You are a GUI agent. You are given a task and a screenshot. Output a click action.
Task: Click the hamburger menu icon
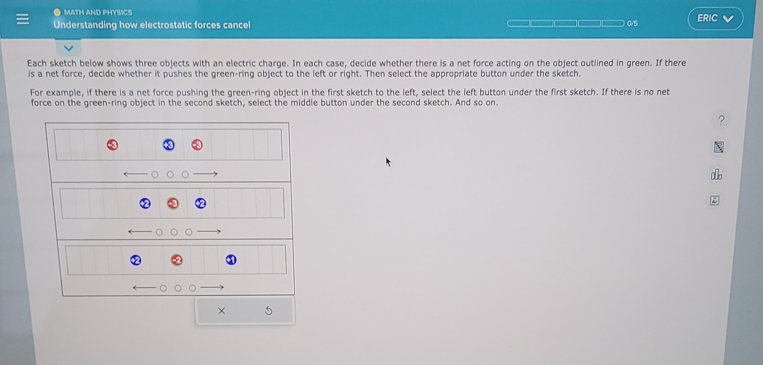pyautogui.click(x=23, y=19)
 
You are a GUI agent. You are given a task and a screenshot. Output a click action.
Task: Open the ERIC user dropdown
pyautogui.click(x=715, y=19)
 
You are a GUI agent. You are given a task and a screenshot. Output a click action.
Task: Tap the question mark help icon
pyautogui.click(x=721, y=120)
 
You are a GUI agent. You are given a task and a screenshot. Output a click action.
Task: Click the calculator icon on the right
pyautogui.click(x=718, y=147)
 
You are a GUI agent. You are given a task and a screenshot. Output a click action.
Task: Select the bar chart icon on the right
pyautogui.click(x=716, y=175)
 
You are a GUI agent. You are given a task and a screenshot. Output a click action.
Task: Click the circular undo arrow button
pyautogui.click(x=269, y=311)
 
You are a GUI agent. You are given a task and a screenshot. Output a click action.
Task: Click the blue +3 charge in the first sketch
pyautogui.click(x=169, y=145)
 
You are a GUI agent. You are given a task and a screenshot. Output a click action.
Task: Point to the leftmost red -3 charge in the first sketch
pyautogui.click(x=113, y=145)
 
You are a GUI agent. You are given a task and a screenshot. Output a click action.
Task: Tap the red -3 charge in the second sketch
pyautogui.click(x=173, y=203)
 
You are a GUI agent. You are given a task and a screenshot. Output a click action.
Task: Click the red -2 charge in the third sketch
pyautogui.click(x=177, y=260)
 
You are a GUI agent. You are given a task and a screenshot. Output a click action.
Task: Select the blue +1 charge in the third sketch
pyautogui.click(x=231, y=260)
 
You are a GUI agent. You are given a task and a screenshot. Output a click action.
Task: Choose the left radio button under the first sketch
pyautogui.click(x=155, y=175)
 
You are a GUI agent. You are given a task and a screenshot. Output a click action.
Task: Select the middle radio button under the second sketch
pyautogui.click(x=174, y=232)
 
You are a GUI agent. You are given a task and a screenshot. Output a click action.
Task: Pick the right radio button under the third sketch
pyautogui.click(x=192, y=288)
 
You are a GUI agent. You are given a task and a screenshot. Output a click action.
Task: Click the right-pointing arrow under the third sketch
pyautogui.click(x=212, y=287)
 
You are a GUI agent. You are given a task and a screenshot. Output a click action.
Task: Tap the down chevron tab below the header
pyautogui.click(x=69, y=48)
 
